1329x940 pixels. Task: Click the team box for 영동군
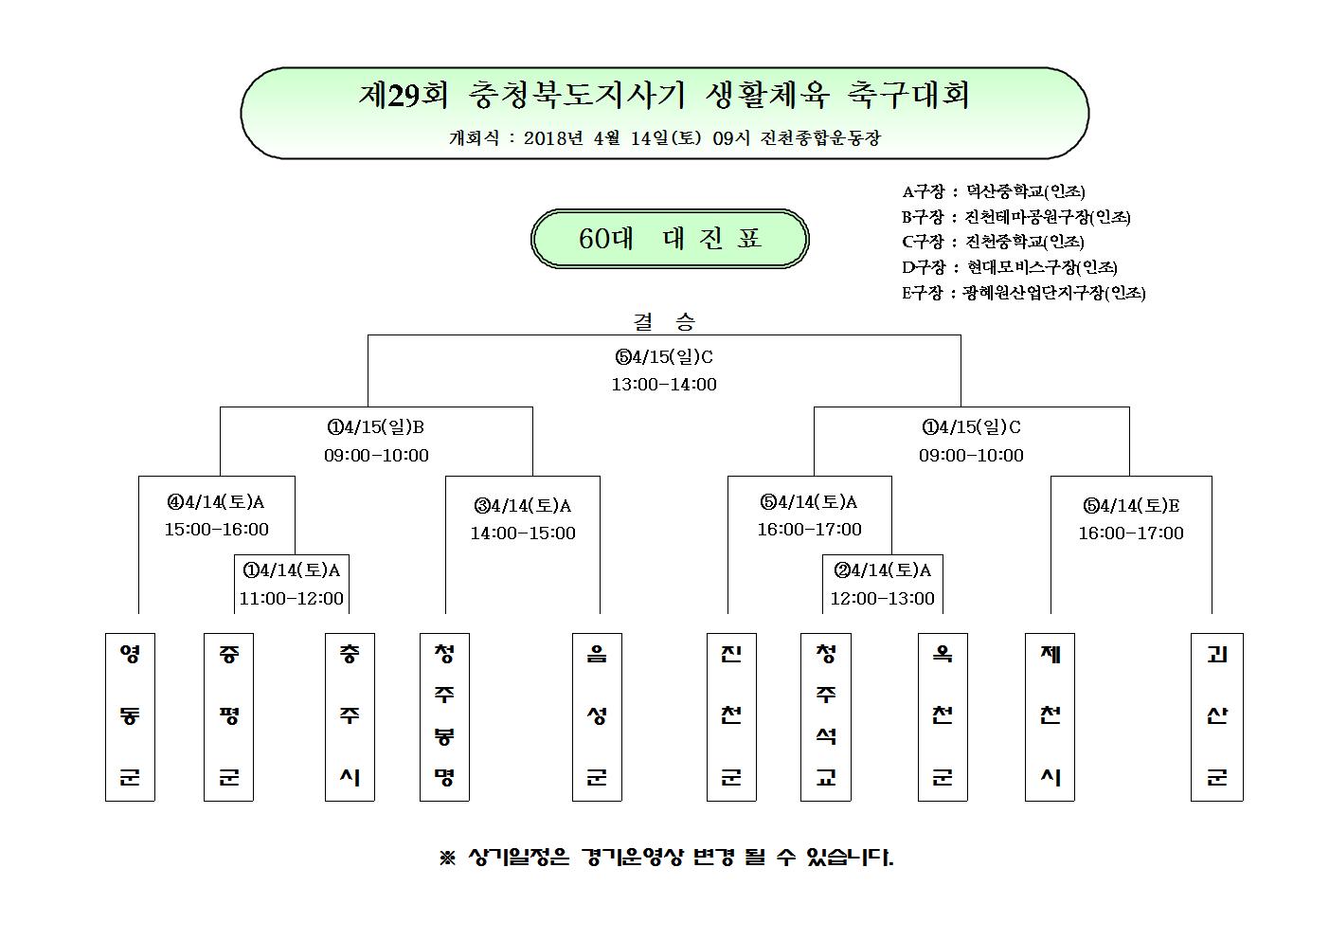130,717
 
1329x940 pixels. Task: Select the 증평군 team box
228,717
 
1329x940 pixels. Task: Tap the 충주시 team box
350,717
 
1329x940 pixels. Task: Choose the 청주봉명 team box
444,717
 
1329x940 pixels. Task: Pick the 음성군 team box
597,717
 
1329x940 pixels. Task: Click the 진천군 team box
731,717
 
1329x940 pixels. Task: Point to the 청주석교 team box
826,717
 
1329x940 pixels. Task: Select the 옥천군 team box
943,717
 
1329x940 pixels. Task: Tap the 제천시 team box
1051,717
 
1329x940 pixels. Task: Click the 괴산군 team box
1217,717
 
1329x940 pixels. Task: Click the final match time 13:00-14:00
664,385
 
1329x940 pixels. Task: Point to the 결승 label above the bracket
664,321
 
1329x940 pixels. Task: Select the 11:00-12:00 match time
292,598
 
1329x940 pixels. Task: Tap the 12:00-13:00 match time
882,598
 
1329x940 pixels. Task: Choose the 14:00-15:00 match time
523,533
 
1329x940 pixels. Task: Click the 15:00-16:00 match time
217,529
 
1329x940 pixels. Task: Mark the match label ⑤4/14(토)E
1131,506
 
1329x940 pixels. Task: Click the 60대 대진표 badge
670,239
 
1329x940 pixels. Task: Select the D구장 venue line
1009,267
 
